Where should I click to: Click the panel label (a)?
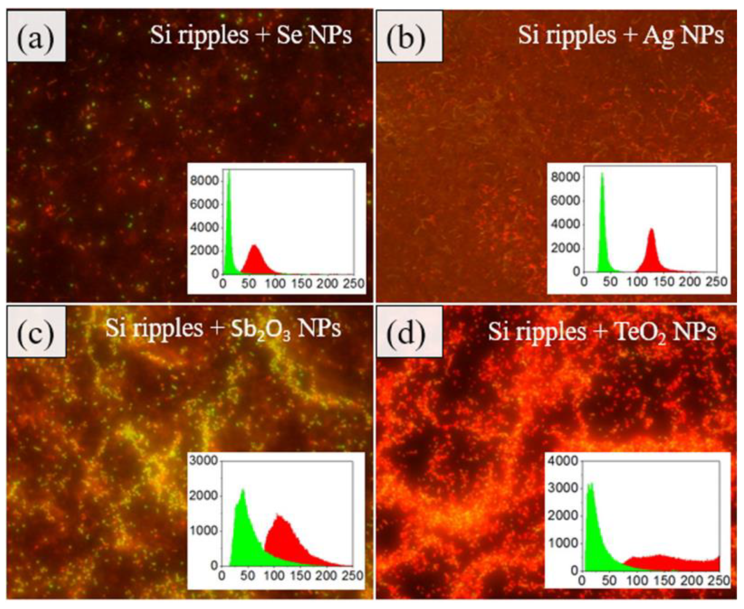click(36, 36)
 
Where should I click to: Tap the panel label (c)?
click(36, 331)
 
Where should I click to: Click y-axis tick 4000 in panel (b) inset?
click(563, 225)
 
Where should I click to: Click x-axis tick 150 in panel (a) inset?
click(301, 283)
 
